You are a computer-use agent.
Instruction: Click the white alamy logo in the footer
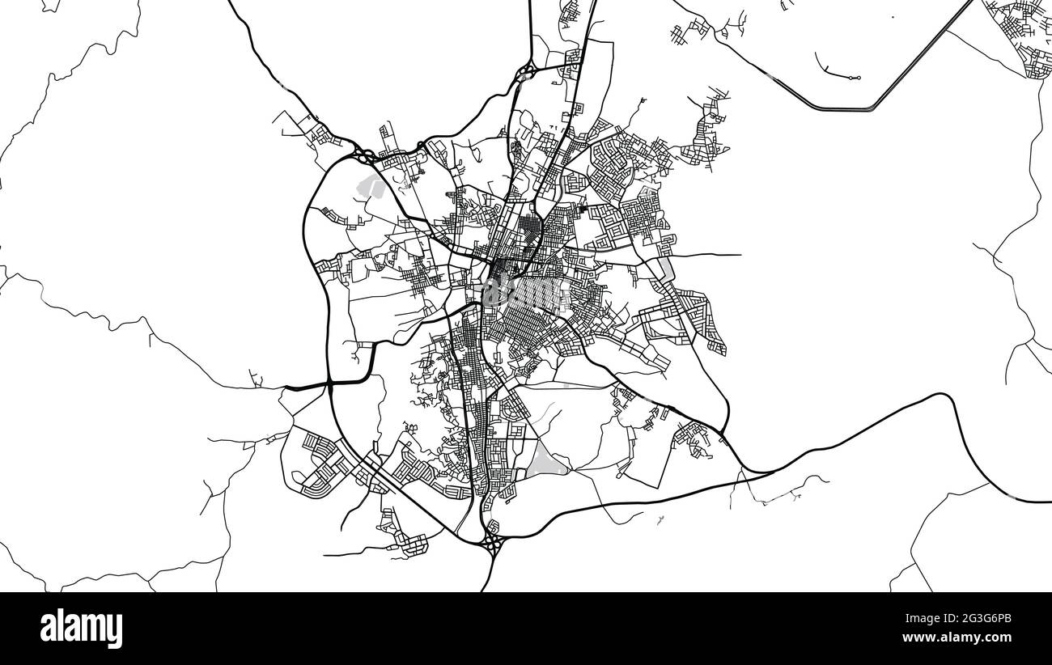point(81,628)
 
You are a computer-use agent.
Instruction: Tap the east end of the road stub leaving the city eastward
point(740,256)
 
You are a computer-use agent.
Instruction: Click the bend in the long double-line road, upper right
point(871,108)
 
